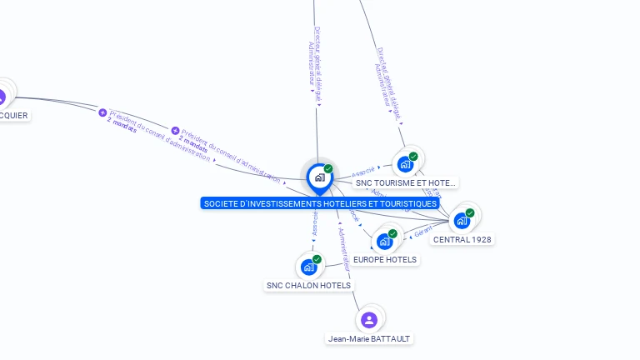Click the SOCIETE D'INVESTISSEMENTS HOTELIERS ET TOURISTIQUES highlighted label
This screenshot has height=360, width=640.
319,203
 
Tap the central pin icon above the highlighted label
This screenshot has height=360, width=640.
319,177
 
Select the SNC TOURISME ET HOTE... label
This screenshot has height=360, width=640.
405,182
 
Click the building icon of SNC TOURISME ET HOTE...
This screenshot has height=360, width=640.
406,164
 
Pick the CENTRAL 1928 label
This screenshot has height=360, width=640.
462,239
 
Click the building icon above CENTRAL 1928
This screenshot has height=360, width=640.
462,221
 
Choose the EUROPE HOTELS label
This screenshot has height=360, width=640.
385,259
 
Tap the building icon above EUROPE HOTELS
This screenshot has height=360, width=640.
384,242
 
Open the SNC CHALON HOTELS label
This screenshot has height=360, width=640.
308,285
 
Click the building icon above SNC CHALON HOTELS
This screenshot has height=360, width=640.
308,267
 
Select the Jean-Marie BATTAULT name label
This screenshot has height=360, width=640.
369,338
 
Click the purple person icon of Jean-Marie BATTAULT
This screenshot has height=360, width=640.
369,319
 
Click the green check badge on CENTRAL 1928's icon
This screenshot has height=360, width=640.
470,213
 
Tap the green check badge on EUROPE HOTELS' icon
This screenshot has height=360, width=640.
392,233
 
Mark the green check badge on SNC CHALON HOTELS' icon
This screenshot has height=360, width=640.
317,259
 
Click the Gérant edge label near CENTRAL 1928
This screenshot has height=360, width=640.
422,232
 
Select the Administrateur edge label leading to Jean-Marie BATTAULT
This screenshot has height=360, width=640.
345,249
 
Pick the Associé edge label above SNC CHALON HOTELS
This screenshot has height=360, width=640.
314,225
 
